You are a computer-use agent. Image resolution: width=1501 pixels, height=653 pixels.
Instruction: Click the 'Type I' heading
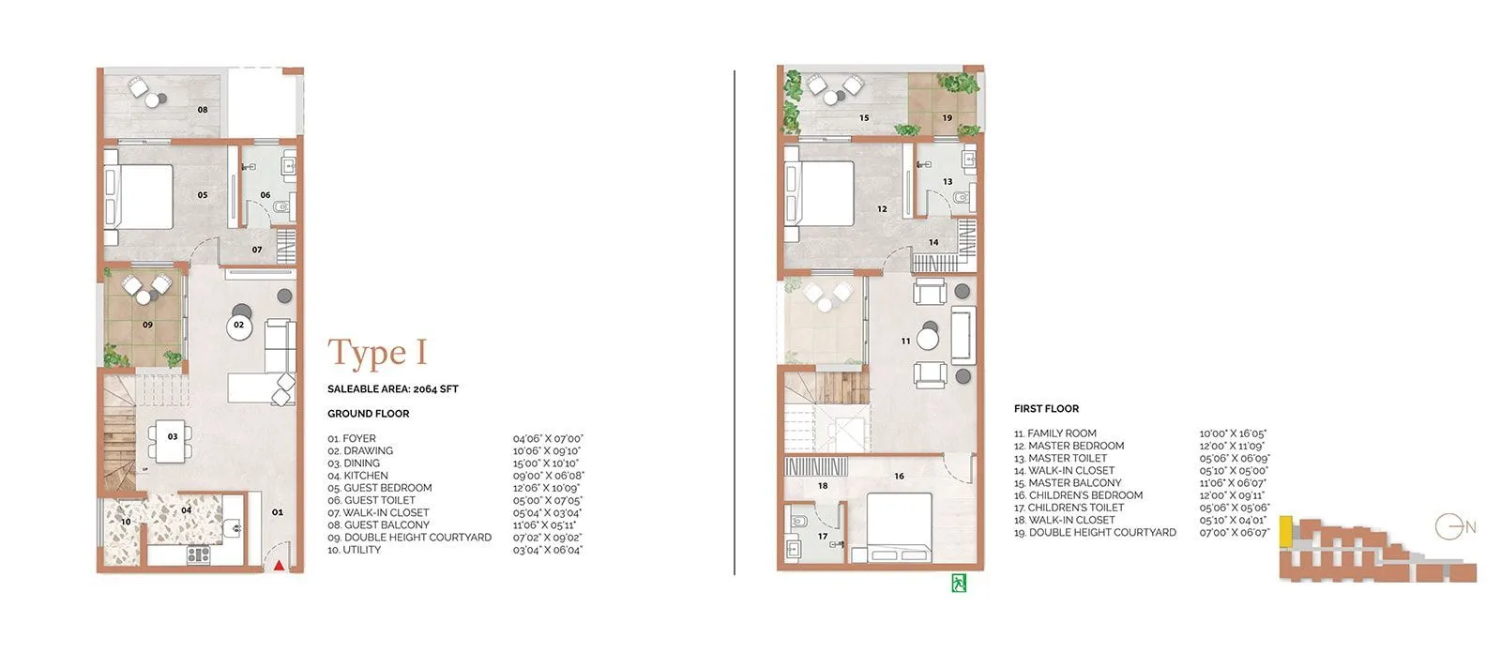click(377, 354)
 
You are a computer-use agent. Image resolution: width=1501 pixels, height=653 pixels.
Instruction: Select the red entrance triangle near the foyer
click(279, 565)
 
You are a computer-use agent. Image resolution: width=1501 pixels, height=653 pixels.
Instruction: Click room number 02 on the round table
click(239, 326)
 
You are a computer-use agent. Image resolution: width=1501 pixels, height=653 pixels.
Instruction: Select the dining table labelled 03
click(173, 437)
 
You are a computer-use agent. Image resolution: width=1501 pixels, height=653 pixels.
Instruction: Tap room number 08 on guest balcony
click(203, 110)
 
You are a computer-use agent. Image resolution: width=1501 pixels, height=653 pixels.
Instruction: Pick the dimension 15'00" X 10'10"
click(546, 463)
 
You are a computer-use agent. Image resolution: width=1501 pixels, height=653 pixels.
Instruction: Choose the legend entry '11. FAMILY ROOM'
click(1054, 433)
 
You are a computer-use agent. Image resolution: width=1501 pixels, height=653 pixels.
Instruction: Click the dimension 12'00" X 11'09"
click(1233, 446)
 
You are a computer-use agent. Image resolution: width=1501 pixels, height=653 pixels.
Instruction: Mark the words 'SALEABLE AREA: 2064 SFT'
click(392, 388)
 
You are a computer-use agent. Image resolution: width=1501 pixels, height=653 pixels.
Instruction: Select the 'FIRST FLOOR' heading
click(1046, 409)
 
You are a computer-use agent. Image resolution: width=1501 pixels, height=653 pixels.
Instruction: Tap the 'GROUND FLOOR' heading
click(368, 414)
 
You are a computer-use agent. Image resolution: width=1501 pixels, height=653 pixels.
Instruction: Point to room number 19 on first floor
click(947, 118)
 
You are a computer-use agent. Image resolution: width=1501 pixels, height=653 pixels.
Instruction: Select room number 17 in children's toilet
click(822, 537)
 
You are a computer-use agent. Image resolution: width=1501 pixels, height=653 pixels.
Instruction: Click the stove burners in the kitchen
click(198, 554)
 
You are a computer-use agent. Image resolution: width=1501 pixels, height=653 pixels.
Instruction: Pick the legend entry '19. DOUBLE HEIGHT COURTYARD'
click(1095, 532)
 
